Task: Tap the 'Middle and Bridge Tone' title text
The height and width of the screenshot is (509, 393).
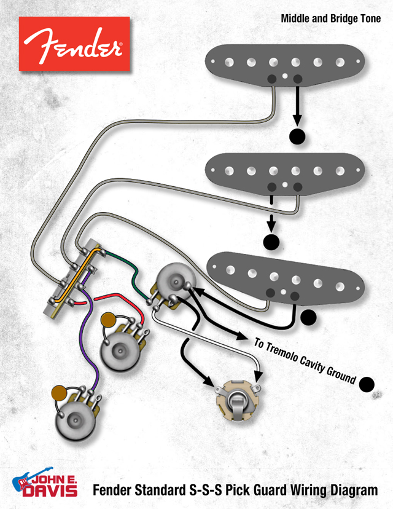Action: (330, 19)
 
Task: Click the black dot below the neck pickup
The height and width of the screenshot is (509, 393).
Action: (298, 136)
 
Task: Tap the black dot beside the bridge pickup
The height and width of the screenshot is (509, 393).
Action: (308, 317)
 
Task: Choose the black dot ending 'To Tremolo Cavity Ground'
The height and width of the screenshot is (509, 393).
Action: (367, 384)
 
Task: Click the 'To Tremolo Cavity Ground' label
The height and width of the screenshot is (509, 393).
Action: (305, 360)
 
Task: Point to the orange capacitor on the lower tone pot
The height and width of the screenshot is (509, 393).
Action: (60, 392)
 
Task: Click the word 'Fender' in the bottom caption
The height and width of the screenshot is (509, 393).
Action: (114, 490)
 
